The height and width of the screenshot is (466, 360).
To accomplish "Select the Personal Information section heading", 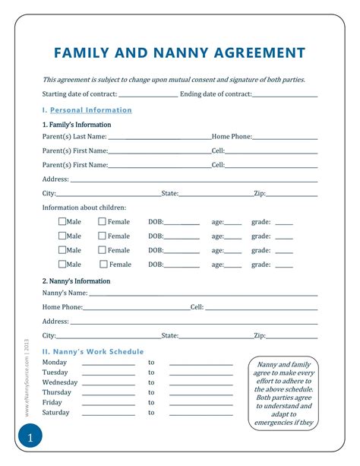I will [90, 110].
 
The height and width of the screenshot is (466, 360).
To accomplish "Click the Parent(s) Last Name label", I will [74, 137].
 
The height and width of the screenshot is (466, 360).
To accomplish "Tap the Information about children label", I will [84, 208].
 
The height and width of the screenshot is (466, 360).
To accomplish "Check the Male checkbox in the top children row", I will [62, 222].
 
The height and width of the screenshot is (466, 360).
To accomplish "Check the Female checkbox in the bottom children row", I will [104, 265].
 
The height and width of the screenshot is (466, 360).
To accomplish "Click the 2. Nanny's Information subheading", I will [76, 281].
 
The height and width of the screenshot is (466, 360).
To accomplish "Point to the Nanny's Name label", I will [65, 293].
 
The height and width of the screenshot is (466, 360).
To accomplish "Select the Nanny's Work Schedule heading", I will [93, 351].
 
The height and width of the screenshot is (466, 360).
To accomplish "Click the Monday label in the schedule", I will [55, 363].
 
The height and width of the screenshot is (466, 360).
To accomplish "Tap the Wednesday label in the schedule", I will [60, 382].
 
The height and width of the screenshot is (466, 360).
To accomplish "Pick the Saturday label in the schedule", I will [56, 412].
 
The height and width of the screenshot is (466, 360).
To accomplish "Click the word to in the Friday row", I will [151, 402].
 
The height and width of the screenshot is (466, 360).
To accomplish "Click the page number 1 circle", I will [30, 439].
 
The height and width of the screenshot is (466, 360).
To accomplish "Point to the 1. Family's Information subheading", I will [77, 125].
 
